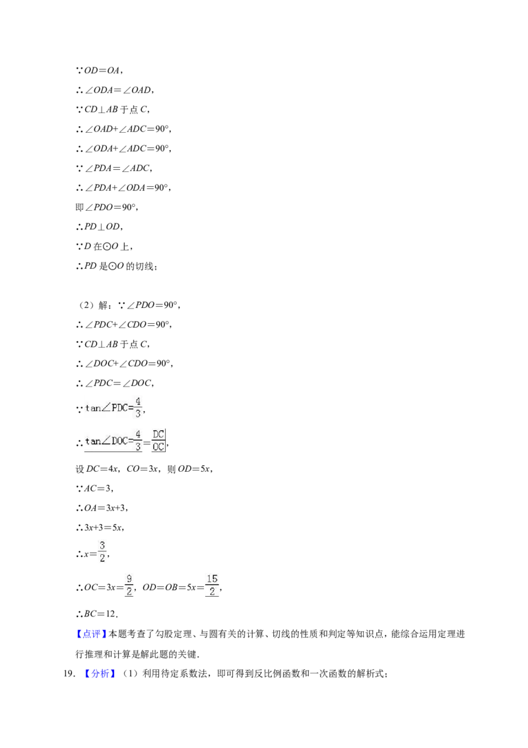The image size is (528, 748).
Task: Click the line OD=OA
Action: pos(99,71)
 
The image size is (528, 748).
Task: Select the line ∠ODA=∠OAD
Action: pos(115,90)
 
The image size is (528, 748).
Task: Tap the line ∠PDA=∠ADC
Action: pos(114,168)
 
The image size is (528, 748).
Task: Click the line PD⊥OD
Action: pos(99,227)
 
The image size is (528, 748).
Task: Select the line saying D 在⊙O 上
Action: pos(104,246)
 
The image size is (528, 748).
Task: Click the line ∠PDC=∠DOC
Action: pos(115,383)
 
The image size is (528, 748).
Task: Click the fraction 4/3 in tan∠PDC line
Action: pos(138,407)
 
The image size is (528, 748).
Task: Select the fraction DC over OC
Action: pos(158,440)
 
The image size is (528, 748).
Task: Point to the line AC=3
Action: pos(95,488)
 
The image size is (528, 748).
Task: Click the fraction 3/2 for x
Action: pos(102,552)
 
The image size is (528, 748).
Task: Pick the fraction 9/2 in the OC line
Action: pos(129,585)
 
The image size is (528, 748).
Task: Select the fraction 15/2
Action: pos(212,585)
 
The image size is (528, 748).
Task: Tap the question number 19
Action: pos(69,673)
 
